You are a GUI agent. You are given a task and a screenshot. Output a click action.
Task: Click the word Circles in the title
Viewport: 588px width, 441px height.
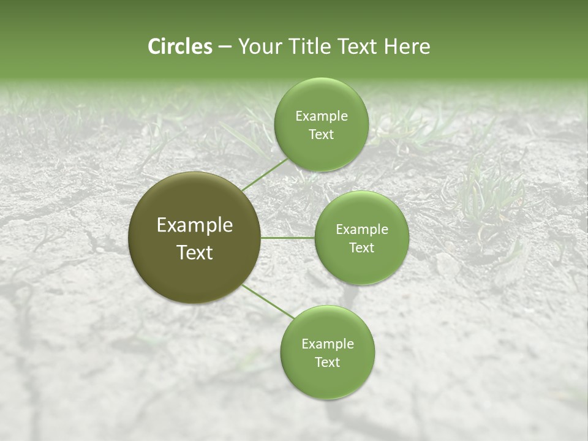[179, 47]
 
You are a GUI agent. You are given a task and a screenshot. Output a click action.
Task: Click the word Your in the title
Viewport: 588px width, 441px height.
[258, 47]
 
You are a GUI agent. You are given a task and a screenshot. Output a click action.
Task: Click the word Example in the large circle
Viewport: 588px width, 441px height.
[195, 225]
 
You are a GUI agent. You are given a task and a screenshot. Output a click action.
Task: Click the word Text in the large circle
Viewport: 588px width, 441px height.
[195, 252]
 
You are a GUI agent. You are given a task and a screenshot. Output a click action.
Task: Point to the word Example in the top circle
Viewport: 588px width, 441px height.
[321, 116]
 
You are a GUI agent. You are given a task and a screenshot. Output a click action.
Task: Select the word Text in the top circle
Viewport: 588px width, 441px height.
[321, 135]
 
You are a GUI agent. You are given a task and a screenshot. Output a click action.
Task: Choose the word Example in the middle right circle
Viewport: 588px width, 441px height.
[361, 230]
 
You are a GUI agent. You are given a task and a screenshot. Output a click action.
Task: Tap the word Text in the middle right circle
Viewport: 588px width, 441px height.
[361, 248]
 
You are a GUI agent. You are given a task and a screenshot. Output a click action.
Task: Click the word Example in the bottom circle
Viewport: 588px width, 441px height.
[327, 344]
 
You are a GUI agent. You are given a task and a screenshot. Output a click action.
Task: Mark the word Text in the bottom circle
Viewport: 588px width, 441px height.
[327, 363]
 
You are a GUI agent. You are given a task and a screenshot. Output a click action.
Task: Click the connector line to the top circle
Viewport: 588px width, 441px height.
[265, 174]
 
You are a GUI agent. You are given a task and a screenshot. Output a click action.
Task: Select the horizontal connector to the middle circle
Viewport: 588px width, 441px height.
[288, 238]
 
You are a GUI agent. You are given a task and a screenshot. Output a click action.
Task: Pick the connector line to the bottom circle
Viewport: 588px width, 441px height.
[268, 301]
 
